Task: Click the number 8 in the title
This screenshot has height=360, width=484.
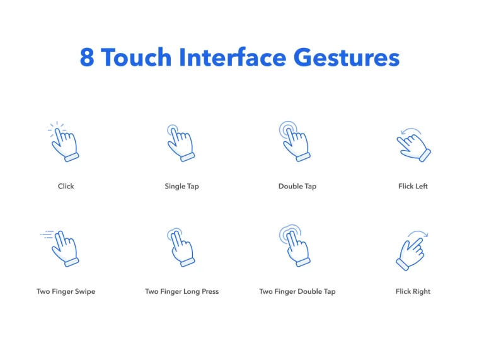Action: coord(88,57)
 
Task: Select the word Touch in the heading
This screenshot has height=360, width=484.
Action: coord(135,57)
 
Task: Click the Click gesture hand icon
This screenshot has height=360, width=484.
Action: coord(64,144)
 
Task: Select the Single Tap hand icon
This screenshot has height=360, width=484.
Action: coord(181,144)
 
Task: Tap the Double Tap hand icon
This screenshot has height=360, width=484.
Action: coord(295,142)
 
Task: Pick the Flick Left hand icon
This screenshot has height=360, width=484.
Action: coord(414,146)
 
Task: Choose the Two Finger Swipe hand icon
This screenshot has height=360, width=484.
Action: coord(65,248)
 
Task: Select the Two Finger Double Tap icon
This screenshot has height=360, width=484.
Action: coord(295,247)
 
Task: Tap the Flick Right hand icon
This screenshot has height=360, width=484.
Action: coord(410,252)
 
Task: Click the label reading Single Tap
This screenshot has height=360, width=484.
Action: coord(181,186)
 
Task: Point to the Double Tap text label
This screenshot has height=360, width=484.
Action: coord(297,186)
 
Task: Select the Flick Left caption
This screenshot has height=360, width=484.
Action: coord(413,186)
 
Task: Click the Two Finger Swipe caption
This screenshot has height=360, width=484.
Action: coord(66,291)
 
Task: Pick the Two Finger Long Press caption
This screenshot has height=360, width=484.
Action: coord(181,291)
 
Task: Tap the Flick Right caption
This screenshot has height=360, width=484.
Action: coord(413,291)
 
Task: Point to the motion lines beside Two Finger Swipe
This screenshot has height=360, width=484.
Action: coord(47,235)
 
